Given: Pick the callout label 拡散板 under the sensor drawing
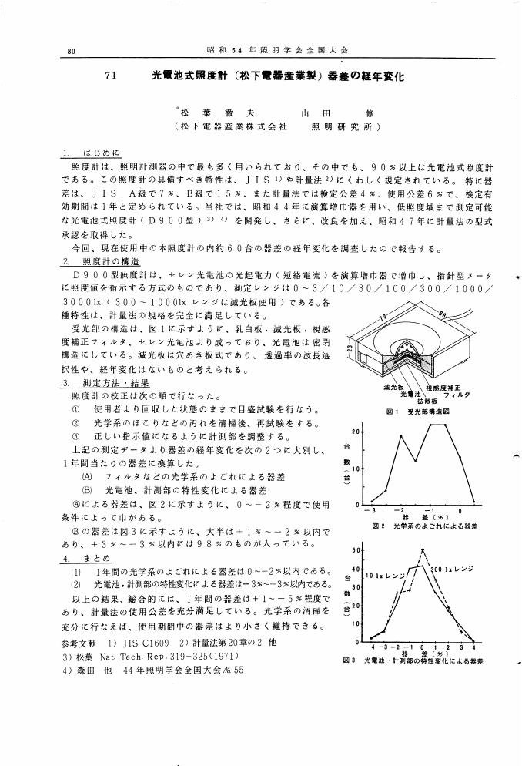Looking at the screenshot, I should point(428,401).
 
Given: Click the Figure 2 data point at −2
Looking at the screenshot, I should point(400,435).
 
